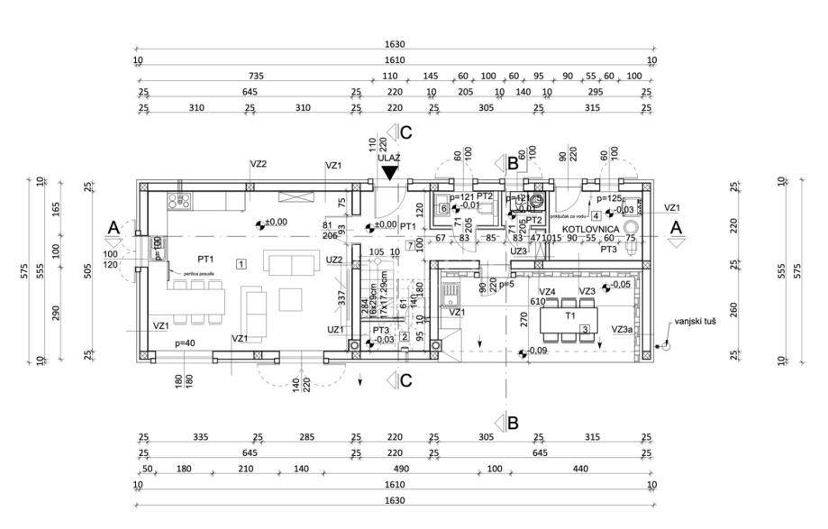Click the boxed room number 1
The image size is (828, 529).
pos(241,264)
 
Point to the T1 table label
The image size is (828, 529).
pos(569,316)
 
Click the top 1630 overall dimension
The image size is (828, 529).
pos(395,43)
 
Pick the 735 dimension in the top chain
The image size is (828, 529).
pos(255,77)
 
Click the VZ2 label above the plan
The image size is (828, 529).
pos(259,165)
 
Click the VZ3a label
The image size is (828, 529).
pos(621,330)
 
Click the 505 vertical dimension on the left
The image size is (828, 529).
pos(87,268)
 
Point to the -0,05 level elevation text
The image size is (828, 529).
pos(619,284)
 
